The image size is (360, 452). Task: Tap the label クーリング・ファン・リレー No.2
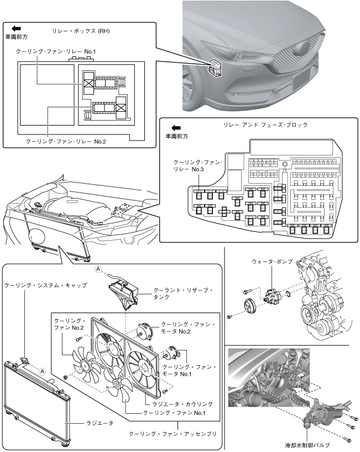(66, 141)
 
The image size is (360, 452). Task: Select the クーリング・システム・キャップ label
(45, 285)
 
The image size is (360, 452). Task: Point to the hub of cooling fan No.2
(87, 363)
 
